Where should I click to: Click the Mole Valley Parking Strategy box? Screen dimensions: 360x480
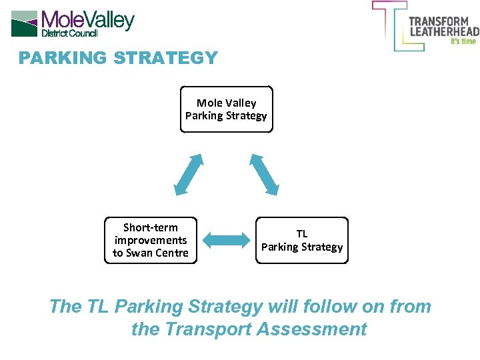[x=226, y=109]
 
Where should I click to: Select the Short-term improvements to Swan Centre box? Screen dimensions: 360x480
[x=151, y=240]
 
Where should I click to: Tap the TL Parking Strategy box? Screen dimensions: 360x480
[x=302, y=241]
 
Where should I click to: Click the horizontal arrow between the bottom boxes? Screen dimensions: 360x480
[x=225, y=241]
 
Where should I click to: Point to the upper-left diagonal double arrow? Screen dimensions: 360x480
[x=188, y=174]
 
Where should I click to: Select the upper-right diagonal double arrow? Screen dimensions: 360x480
[x=264, y=174]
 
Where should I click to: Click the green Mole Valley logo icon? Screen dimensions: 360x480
[x=25, y=23]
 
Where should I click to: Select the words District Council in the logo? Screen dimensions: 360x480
[x=69, y=33]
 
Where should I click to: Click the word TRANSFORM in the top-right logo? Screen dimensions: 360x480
[x=439, y=21]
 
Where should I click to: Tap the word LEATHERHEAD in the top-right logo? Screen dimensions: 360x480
[x=443, y=31]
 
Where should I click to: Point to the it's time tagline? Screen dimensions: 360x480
[x=463, y=41]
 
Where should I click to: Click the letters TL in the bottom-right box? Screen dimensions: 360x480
[x=302, y=234]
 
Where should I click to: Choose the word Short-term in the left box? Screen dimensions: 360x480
[x=151, y=227]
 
